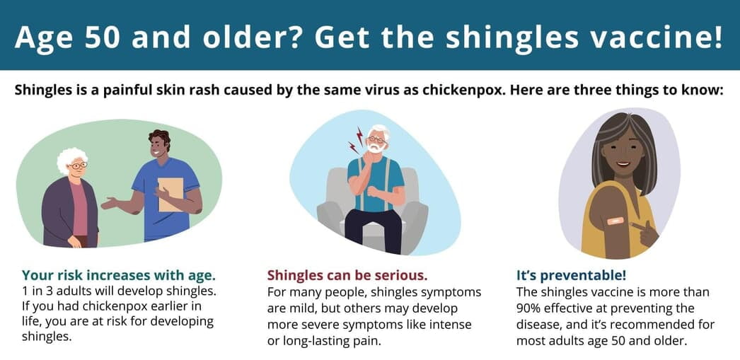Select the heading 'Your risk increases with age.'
click(x=118, y=274)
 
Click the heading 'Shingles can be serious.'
click(x=347, y=274)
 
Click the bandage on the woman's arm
click(x=616, y=221)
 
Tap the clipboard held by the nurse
click(x=170, y=194)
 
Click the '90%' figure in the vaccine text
click(x=530, y=308)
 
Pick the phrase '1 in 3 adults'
click(x=54, y=291)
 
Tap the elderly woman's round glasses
click(x=79, y=165)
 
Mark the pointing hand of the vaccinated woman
click(x=644, y=232)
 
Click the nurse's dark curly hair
click(x=158, y=137)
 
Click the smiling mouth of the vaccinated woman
click(x=623, y=165)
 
